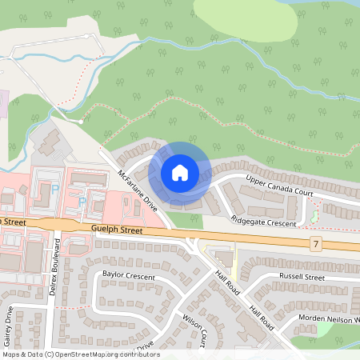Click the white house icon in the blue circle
pyautogui.click(x=180, y=172)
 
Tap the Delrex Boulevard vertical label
pyautogui.click(x=55, y=275)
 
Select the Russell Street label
pyautogui.click(x=302, y=278)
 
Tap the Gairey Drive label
pyautogui.click(x=8, y=325)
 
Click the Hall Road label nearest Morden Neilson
pyautogui.click(x=262, y=317)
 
